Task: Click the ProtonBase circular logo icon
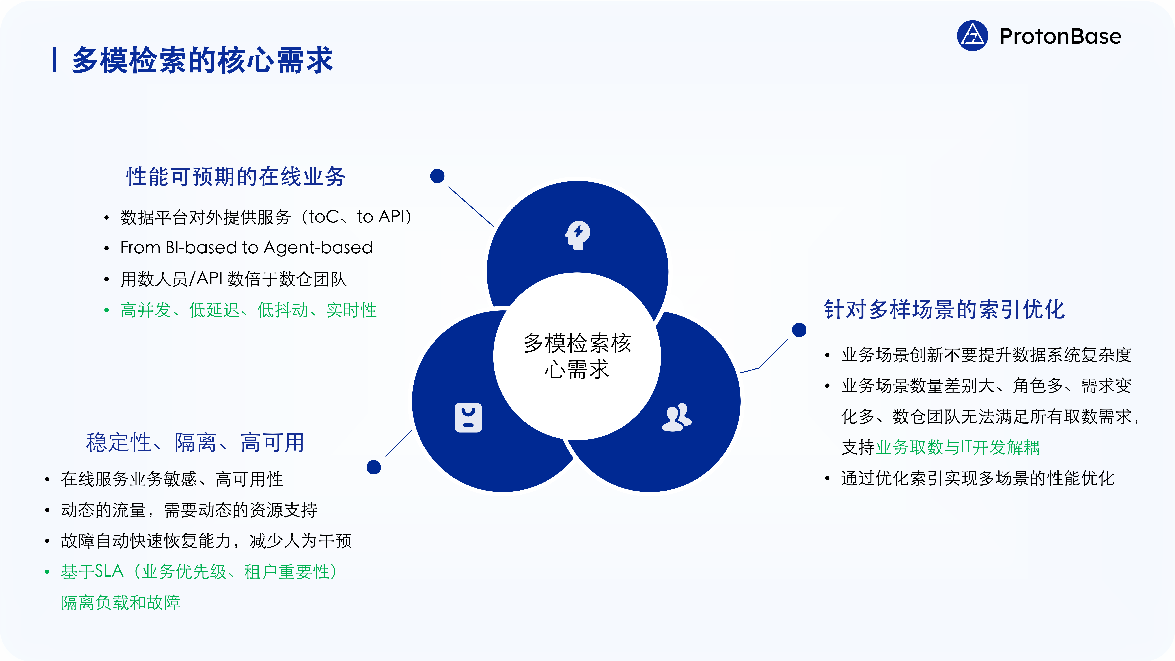972,36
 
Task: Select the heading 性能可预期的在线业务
236,177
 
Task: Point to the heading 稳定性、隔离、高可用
195,442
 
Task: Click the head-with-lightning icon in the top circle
578,235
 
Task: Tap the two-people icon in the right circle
677,417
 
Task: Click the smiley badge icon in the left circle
468,417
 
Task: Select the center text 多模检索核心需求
577,356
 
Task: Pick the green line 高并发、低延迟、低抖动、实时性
249,310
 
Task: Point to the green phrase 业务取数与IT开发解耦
958,447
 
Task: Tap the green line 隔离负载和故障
121,603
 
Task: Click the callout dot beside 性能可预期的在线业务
437,176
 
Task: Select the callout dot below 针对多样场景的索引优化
799,330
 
